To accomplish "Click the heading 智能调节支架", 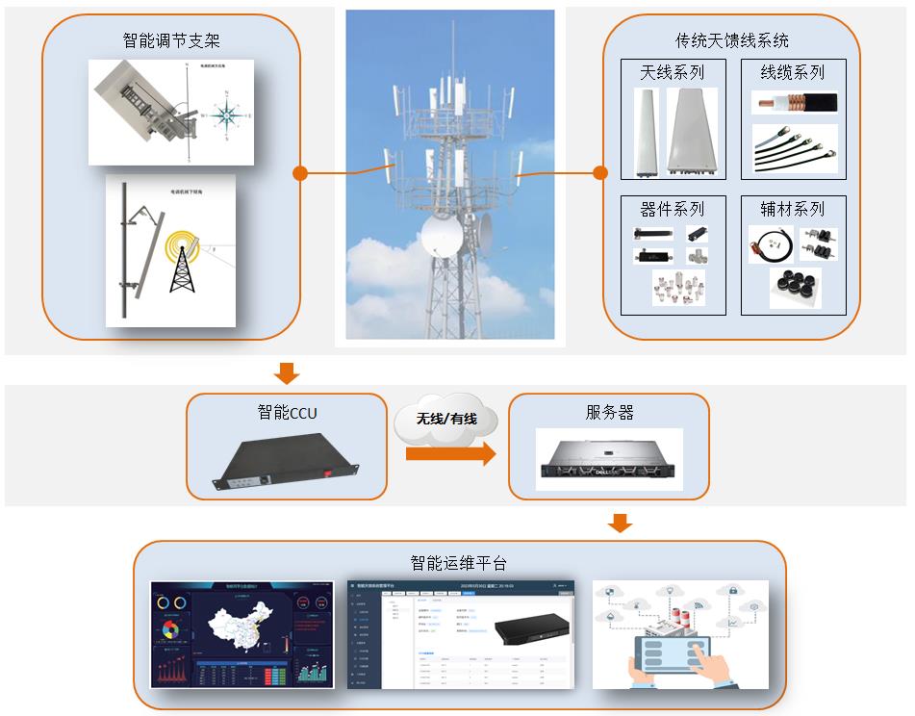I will [x=171, y=40].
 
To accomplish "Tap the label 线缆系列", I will [x=793, y=72].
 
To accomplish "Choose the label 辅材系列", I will [x=793, y=209].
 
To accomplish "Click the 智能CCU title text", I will [x=287, y=413].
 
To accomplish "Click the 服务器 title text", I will [x=609, y=413].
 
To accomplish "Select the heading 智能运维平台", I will [x=458, y=563].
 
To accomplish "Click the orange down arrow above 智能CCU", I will [x=287, y=372].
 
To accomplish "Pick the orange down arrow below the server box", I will [x=621, y=523].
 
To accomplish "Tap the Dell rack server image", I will [x=609, y=462].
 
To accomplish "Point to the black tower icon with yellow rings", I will [x=181, y=262].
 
